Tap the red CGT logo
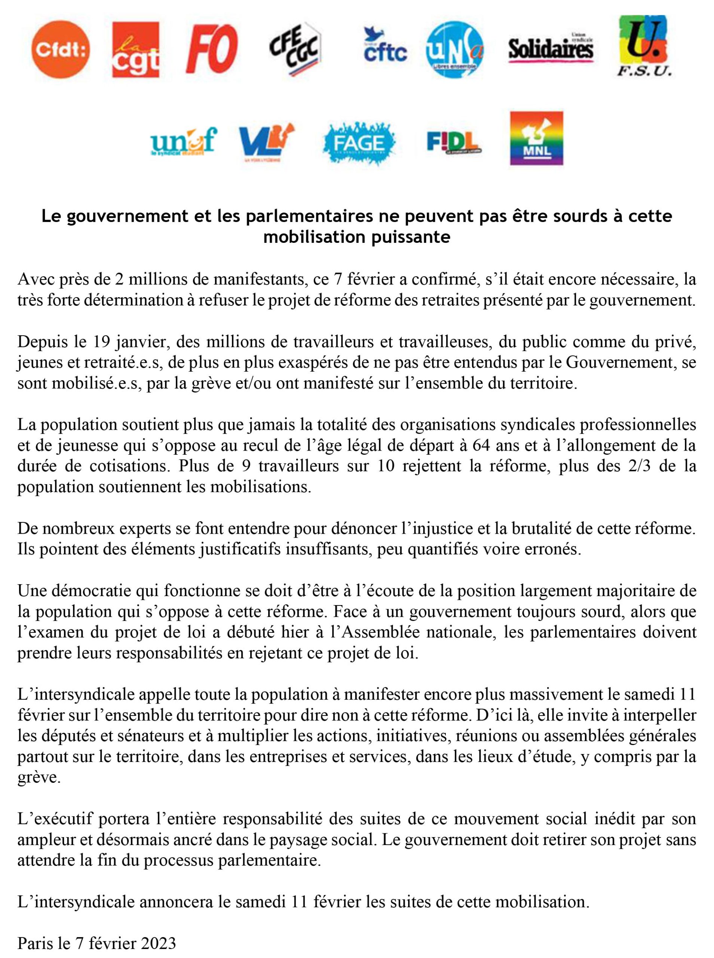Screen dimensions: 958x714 [135, 50]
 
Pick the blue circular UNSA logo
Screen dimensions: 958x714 [455, 50]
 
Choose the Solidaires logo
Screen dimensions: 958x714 [550, 49]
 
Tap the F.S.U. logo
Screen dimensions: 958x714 [644, 47]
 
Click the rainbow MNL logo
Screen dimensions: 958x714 [536, 139]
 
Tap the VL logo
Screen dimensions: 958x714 [266, 140]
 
